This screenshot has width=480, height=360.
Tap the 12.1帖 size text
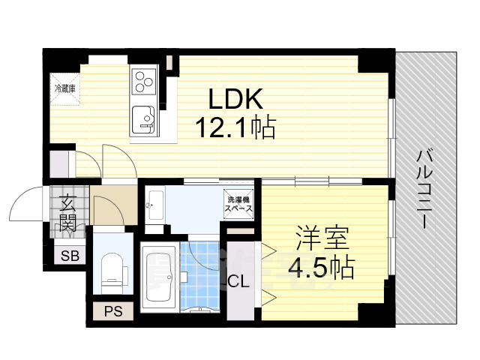click(x=235, y=127)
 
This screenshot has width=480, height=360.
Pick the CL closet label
click(x=239, y=281)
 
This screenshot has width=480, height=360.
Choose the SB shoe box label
click(x=70, y=256)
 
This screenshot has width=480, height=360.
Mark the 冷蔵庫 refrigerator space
click(x=64, y=88)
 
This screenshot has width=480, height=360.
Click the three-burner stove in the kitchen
click(x=143, y=82)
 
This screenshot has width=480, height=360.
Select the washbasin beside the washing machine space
click(x=154, y=203)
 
